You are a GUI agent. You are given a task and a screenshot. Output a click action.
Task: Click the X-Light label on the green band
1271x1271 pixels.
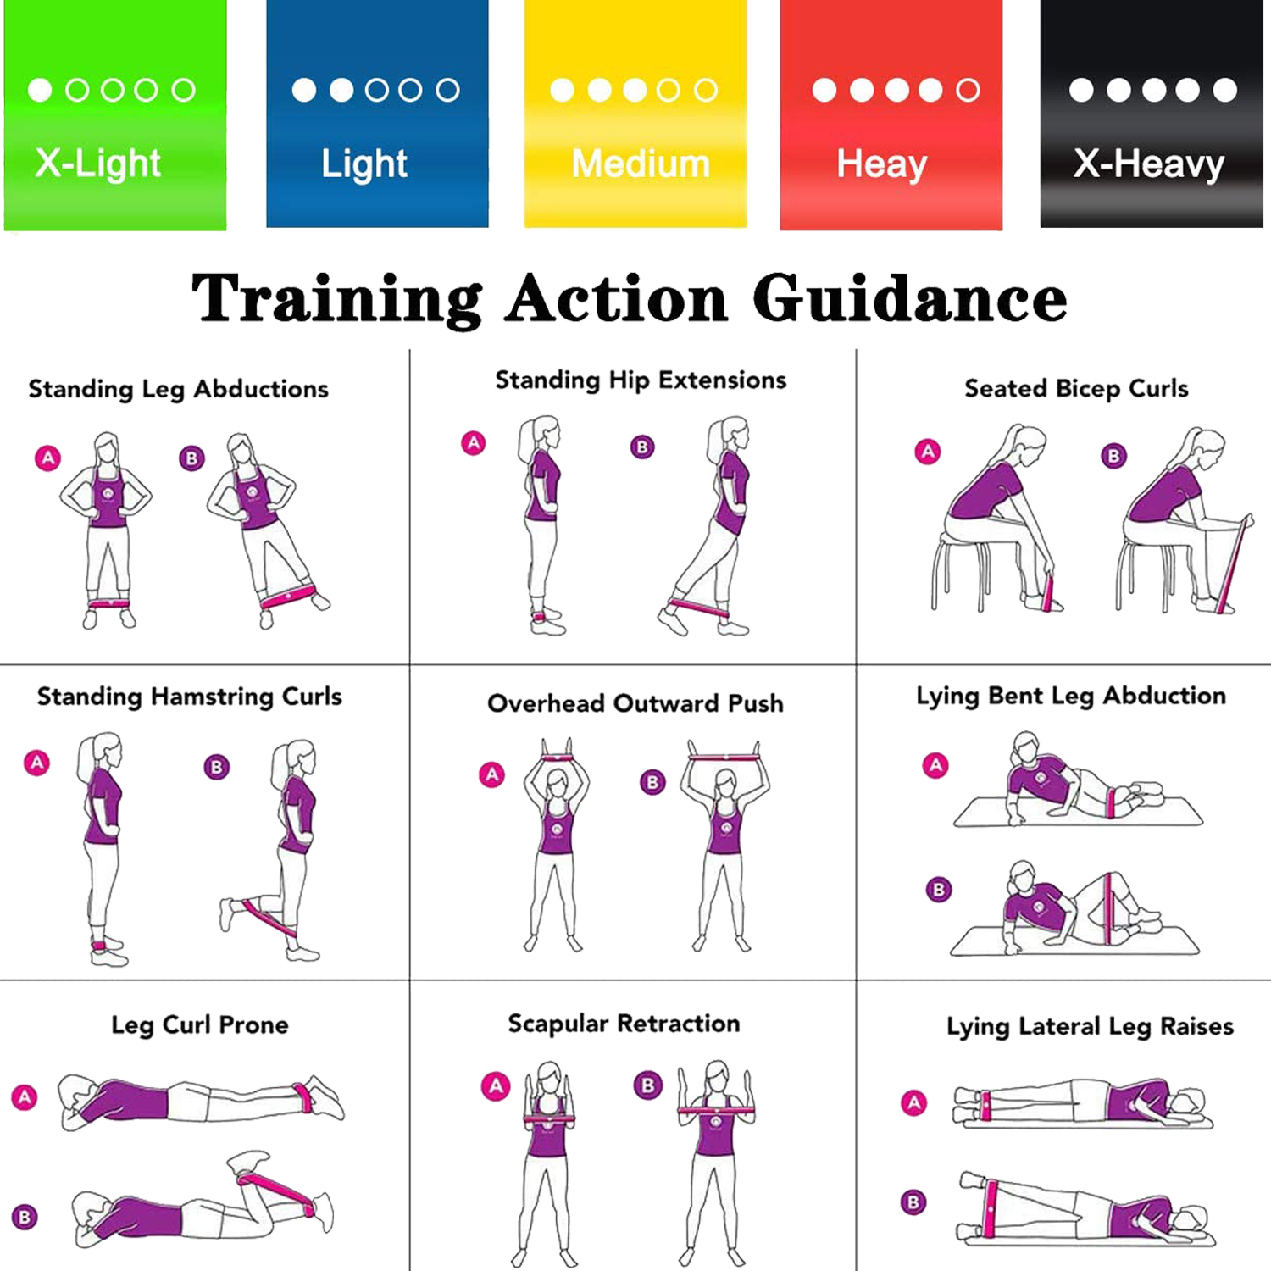(97, 163)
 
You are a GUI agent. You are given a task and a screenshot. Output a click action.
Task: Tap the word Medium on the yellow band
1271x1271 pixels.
(641, 163)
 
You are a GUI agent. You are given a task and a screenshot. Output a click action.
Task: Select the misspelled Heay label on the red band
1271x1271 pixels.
(882, 164)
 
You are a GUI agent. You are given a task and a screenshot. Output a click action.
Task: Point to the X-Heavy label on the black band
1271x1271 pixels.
(1149, 164)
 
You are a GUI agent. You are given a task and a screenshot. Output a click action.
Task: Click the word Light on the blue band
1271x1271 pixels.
(364, 164)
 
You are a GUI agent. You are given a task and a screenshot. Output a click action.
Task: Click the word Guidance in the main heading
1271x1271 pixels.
(909, 299)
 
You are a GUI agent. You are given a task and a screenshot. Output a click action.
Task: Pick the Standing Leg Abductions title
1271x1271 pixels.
(178, 389)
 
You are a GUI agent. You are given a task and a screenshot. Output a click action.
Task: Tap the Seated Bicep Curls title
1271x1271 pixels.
(1076, 388)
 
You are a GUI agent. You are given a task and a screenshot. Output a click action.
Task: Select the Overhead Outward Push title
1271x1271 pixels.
(635, 703)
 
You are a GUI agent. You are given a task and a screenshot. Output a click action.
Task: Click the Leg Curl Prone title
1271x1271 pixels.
(200, 1025)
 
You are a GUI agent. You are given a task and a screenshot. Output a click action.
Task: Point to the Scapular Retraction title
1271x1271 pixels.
(624, 1024)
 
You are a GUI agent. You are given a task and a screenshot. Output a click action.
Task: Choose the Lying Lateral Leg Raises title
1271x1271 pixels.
(1090, 1026)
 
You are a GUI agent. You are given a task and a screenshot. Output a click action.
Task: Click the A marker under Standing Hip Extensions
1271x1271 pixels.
(474, 442)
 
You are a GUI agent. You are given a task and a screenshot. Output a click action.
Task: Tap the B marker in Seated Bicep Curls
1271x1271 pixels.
(1113, 456)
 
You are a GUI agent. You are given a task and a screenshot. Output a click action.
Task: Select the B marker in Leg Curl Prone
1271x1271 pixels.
(25, 1217)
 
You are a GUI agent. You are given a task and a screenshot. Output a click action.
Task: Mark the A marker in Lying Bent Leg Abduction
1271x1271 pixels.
(935, 765)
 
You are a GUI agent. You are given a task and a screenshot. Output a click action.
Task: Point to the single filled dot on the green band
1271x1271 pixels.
(40, 90)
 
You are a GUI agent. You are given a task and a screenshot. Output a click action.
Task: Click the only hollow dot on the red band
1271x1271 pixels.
(968, 90)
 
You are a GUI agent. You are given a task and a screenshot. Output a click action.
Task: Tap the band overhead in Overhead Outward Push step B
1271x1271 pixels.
(724, 757)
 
